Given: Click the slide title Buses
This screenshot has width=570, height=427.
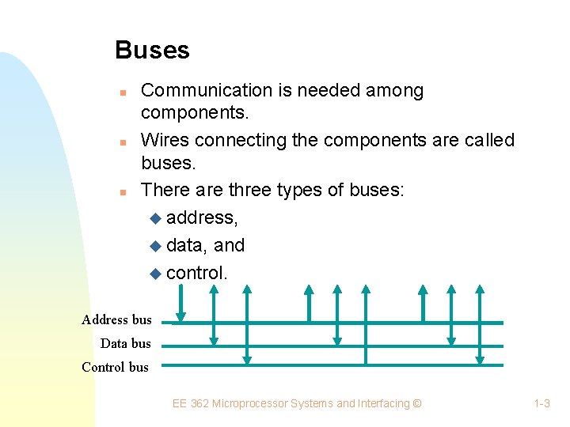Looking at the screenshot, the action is coord(152,51).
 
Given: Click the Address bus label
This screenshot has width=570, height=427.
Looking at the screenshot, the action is coord(116,320).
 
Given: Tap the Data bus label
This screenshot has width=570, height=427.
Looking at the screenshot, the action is coord(125,343).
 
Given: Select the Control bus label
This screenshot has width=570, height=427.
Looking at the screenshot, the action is coord(115,367).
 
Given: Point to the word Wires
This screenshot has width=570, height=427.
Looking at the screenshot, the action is coord(165,141).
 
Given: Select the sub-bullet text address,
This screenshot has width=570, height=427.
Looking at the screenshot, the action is coord(202,217).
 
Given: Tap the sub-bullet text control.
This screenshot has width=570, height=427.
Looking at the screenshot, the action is coord(197,273).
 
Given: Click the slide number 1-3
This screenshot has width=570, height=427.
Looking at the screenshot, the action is coord(541,404).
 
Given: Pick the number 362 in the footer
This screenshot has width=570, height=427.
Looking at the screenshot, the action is coord(199,404).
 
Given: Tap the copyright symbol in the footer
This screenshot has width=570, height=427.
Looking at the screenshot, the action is coord(417,404).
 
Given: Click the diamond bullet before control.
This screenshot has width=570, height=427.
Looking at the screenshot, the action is coord(154,274).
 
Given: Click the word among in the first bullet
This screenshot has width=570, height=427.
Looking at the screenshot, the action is coord(394,91).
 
